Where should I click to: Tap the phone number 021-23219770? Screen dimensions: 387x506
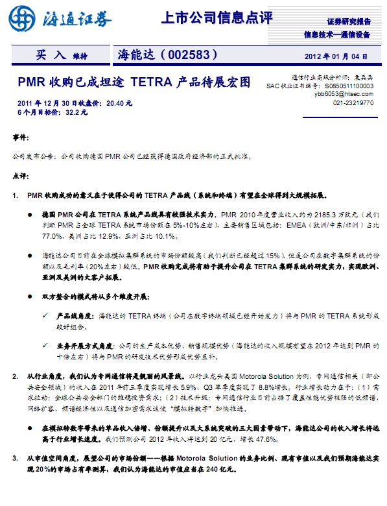(353, 102)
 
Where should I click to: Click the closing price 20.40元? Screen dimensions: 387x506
(119, 102)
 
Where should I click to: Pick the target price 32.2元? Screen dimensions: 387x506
(76, 112)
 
